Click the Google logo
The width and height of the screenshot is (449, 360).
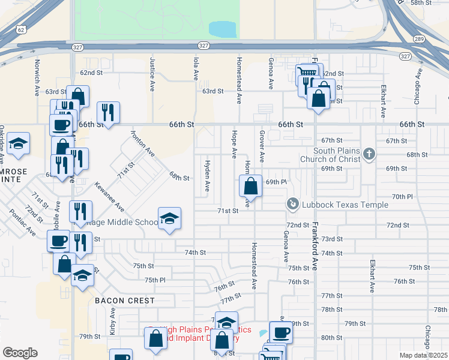point(20,353)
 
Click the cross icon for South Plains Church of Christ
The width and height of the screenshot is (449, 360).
point(369,155)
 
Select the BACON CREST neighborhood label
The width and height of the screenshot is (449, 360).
point(124,301)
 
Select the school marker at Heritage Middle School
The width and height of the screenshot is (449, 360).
point(169,218)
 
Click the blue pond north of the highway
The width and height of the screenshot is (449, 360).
point(222,29)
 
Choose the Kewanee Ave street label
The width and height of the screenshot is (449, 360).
point(109,196)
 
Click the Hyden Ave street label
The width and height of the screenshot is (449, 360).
point(208,176)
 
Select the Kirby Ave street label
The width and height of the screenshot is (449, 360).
point(112,322)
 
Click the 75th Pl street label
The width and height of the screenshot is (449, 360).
point(154,280)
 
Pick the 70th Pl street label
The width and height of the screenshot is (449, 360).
point(402,196)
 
